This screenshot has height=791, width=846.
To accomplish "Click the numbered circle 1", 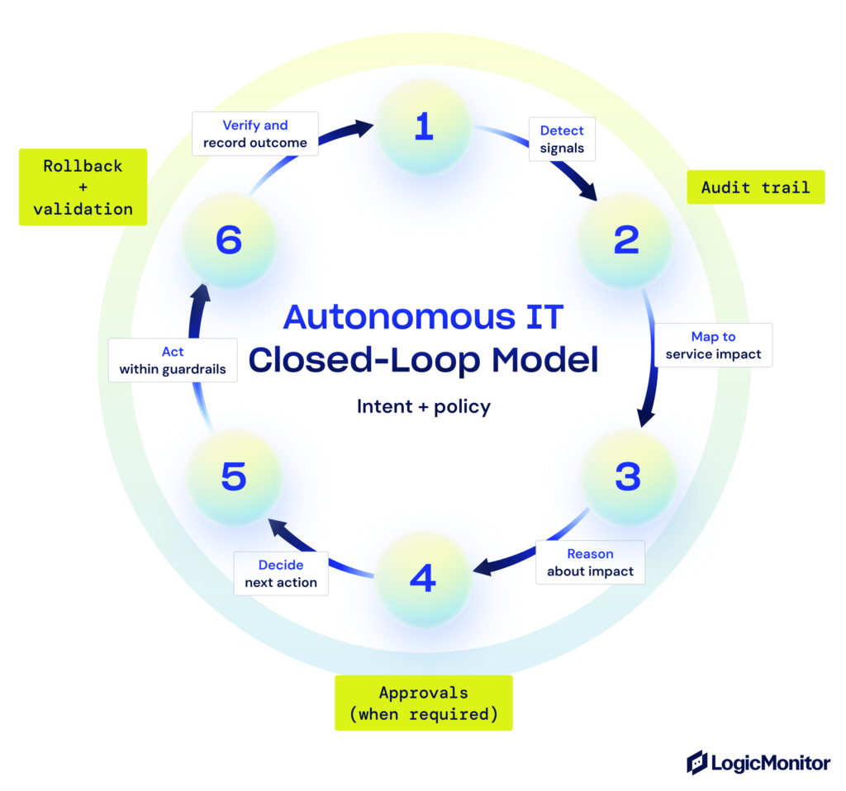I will tap(424, 127).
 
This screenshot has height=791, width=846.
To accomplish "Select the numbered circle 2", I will tap(625, 240).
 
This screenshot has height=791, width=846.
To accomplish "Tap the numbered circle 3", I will tap(627, 476).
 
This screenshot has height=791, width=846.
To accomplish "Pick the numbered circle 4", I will tap(423, 579).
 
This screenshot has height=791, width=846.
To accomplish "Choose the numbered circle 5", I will tap(234, 476).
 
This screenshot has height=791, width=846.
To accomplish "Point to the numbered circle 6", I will tap(229, 240).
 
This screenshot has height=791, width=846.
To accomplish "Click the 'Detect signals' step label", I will tap(562, 140).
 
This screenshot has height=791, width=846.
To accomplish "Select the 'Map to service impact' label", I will tap(713, 345).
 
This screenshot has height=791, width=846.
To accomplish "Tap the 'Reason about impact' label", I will tap(590, 562).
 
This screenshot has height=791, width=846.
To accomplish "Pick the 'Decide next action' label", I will tap(281, 573).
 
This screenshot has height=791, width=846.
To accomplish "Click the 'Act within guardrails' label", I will tap(173, 360).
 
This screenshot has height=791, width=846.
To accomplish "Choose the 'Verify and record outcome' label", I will tap(255, 134).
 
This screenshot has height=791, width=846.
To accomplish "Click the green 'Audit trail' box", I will tap(755, 187).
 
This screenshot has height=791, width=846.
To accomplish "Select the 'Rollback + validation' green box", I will tap(83, 187).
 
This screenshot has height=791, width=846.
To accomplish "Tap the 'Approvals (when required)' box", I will tap(423, 703).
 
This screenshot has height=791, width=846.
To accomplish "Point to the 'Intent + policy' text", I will tap(423, 406).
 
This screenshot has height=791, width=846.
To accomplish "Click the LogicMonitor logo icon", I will tap(697, 762).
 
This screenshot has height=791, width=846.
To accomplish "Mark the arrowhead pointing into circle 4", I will tap(480, 567).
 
